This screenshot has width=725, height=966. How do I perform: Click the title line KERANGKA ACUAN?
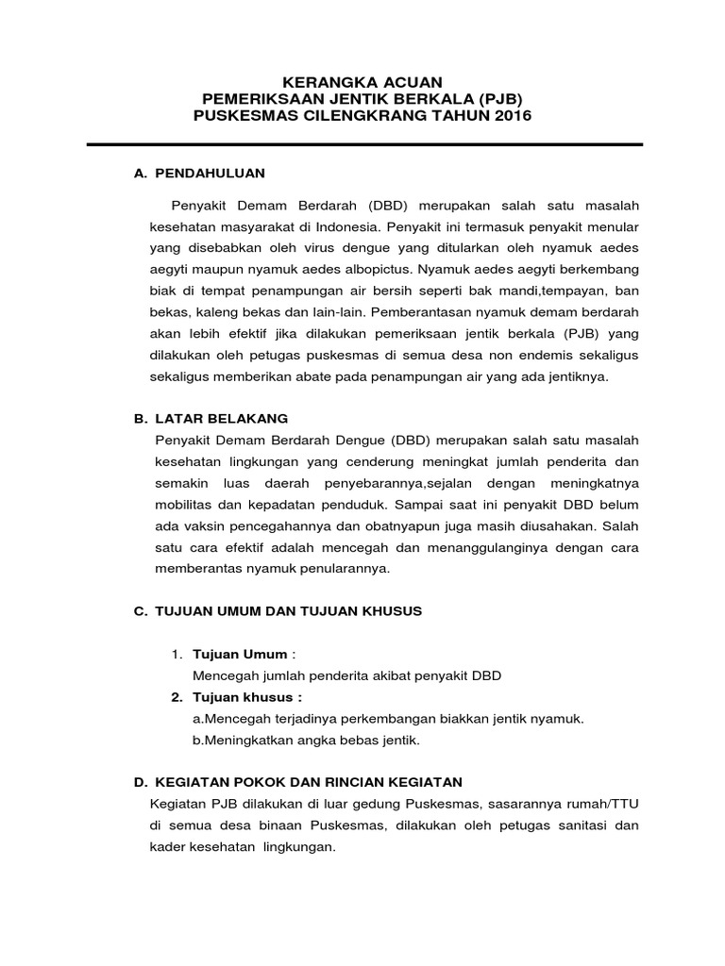(x=363, y=82)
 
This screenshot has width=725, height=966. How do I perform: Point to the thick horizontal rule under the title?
(x=363, y=145)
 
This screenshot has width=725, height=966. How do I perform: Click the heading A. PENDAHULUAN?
(x=201, y=174)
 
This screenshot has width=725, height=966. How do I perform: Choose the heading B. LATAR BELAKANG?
(x=211, y=417)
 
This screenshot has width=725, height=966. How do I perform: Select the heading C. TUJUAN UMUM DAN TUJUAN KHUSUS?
(x=278, y=610)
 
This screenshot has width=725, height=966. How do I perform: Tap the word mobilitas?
(x=185, y=504)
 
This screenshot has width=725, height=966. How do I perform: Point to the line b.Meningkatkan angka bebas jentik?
(x=306, y=740)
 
